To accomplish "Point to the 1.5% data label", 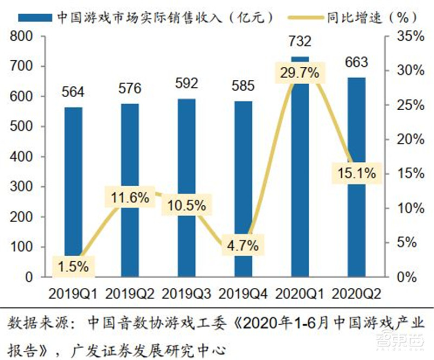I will point(73,266).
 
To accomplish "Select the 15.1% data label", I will point(356,174).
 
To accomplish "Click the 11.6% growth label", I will point(130,198).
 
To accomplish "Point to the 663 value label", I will point(356,62).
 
